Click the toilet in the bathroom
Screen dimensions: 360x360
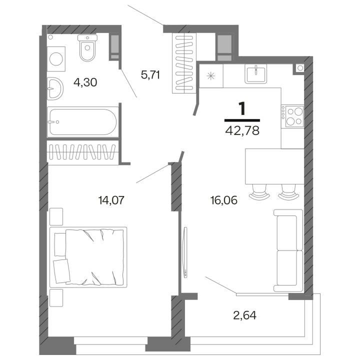pyautogui.click(x=87, y=48)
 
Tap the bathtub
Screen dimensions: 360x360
pyautogui.click(x=83, y=122)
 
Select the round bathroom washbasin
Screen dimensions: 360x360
pyautogui.click(x=55, y=88)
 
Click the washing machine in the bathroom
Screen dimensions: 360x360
pyautogui.click(x=56, y=59)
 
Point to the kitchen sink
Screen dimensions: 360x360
pyautogui.click(x=256, y=73)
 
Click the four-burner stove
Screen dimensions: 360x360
pyautogui.click(x=292, y=116)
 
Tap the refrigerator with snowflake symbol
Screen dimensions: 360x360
pyautogui.click(x=211, y=76)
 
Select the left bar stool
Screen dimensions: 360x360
pyautogui.click(x=259, y=192)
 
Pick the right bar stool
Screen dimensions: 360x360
pyautogui.click(x=288, y=192)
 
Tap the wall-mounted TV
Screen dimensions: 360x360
pyautogui.click(x=185, y=252)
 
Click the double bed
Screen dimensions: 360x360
pyautogui.click(x=88, y=257)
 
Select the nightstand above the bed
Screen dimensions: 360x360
pyautogui.click(x=56, y=216)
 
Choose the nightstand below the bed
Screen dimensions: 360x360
pyautogui.click(x=56, y=298)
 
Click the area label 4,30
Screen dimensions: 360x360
pyautogui.click(x=85, y=82)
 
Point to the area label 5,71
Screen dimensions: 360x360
pyautogui.click(x=150, y=75)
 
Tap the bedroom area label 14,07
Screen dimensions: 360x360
pyautogui.click(x=111, y=200)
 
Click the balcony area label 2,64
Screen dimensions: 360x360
pyautogui.click(x=244, y=315)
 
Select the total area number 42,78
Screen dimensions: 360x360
pyautogui.click(x=242, y=130)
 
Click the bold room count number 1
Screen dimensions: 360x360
pyautogui.click(x=242, y=108)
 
